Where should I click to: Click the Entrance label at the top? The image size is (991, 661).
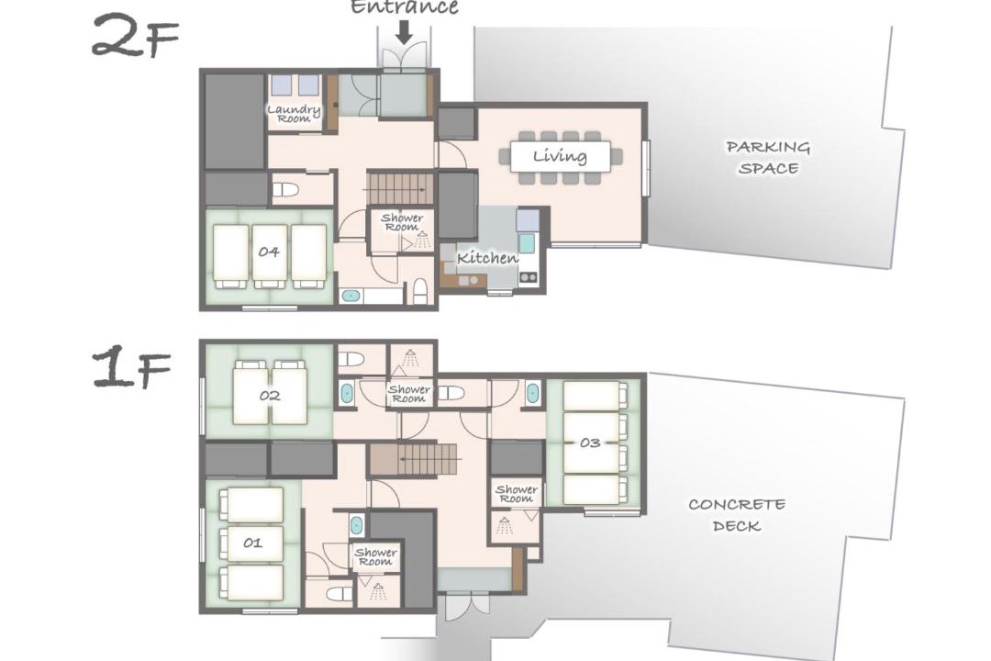click(404, 6)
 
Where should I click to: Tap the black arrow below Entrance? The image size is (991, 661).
click(405, 31)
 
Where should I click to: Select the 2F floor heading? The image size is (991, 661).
click(135, 37)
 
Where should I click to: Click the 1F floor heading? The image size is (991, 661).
click(132, 369)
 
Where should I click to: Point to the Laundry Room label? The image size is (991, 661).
click(294, 114)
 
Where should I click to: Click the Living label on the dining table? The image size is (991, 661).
click(560, 155)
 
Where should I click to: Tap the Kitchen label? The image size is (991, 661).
click(487, 257)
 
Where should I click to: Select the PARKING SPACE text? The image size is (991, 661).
click(768, 158)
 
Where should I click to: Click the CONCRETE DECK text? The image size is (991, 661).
click(736, 515)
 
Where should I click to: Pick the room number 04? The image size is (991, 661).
click(269, 252)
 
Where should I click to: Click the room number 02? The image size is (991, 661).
click(270, 396)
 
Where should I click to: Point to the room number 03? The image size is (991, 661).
click(590, 443)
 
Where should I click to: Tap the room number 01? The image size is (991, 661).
click(253, 543)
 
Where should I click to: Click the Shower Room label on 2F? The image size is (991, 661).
click(402, 222)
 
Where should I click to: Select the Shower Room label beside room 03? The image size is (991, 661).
click(517, 493)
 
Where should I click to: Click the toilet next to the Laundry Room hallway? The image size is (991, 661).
click(285, 189)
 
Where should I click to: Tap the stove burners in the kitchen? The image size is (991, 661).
click(529, 276)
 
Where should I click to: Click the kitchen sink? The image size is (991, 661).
click(527, 243)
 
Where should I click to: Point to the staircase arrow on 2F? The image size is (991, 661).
click(400, 189)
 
